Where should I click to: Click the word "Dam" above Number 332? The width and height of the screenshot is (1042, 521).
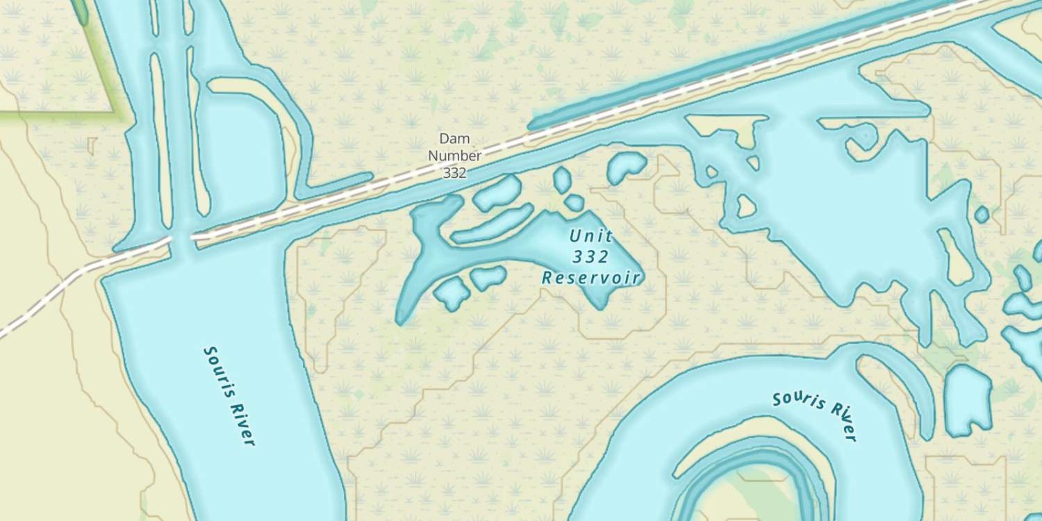(x=454, y=139)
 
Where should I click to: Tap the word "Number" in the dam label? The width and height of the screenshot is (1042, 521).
(x=454, y=156)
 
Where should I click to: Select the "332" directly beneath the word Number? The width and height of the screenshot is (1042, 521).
(x=454, y=173)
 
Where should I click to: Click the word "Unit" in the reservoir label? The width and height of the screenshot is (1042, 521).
(x=591, y=235)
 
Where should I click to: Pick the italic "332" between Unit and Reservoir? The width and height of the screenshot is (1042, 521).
(x=591, y=257)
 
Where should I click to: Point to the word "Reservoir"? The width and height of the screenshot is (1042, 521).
(x=591, y=278)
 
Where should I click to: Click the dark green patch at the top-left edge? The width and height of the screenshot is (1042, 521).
(x=80, y=10)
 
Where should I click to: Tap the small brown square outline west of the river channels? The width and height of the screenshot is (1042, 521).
(x=92, y=146)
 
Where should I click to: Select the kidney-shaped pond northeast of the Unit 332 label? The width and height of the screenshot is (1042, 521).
(x=626, y=167)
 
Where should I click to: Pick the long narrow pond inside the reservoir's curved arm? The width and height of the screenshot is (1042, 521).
(x=493, y=224)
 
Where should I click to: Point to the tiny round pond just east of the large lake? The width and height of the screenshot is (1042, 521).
(x=982, y=214)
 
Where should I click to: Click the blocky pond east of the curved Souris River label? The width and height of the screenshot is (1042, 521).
(x=968, y=399)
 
